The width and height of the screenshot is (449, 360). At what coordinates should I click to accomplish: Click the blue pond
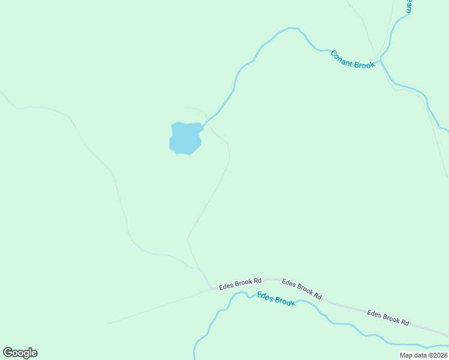tap(185, 138)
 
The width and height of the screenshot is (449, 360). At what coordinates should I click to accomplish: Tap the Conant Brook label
tap(352, 59)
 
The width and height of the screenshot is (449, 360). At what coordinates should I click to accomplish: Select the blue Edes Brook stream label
tap(276, 298)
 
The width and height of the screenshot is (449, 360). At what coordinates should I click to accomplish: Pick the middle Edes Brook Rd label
tap(302, 289)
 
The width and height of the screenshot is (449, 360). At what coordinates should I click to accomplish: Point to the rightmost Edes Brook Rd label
tap(388, 317)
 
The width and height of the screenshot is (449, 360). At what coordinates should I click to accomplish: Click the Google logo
tap(20, 353)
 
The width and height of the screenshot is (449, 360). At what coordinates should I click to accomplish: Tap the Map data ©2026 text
tap(423, 355)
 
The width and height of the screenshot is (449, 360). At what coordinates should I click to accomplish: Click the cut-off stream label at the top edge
tap(409, 6)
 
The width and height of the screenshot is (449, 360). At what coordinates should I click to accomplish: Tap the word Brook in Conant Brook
tap(364, 63)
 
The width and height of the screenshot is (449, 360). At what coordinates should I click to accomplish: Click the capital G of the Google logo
tap(8, 353)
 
